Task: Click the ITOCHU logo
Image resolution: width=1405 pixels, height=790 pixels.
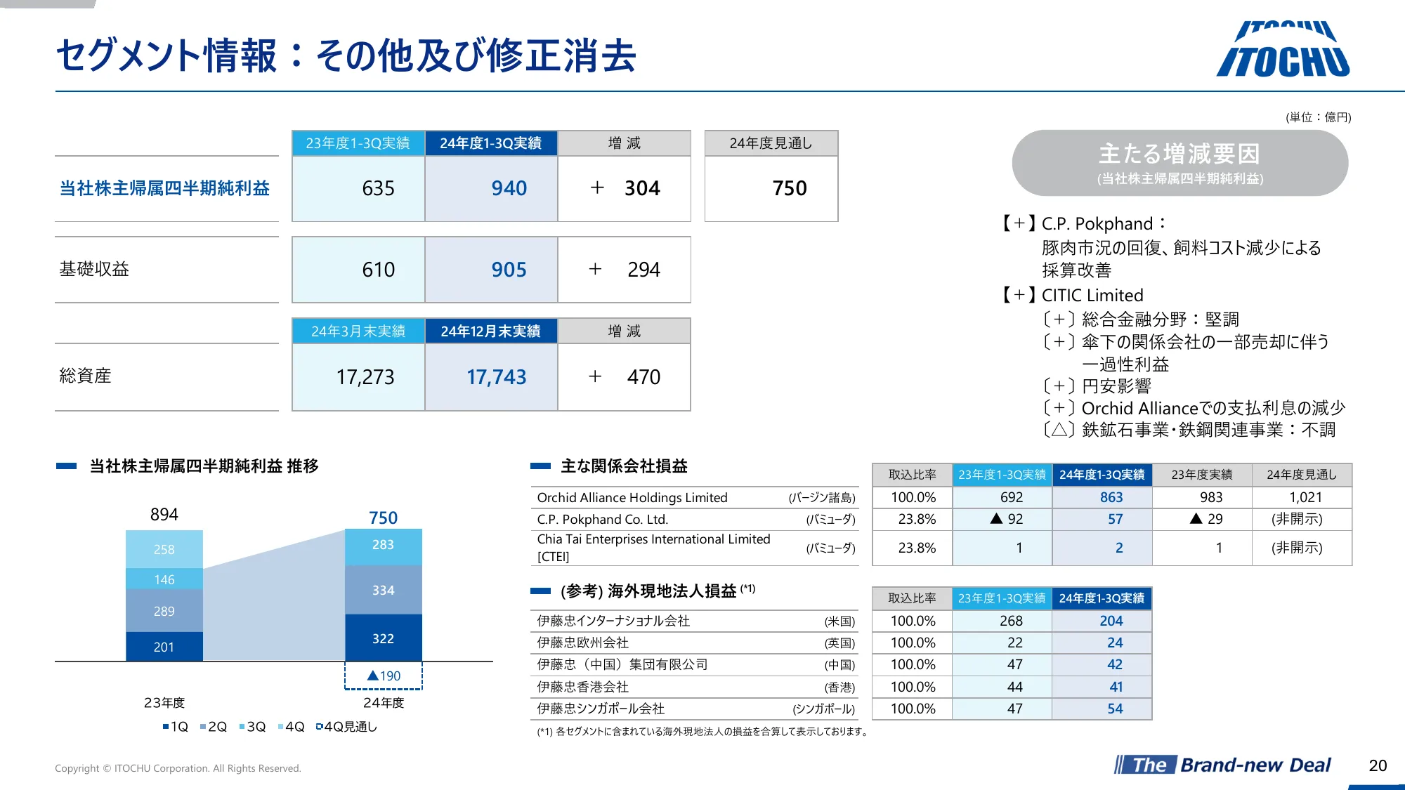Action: coord(1283,51)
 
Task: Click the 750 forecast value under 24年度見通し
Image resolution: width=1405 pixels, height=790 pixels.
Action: coord(789,188)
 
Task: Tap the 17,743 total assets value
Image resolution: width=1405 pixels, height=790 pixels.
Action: coord(496,377)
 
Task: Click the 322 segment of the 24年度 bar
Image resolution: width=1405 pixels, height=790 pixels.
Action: coord(383,638)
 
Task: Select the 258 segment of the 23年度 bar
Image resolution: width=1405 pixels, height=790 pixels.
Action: coord(164,549)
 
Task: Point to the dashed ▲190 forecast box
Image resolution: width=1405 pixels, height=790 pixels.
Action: coord(384,676)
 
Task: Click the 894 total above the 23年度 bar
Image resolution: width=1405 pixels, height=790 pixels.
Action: coord(164,515)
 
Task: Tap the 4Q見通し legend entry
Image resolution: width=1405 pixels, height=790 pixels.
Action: coord(347,727)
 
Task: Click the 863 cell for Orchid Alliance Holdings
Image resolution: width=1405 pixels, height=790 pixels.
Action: coord(1111,497)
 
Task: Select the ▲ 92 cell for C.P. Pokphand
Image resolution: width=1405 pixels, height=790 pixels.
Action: coord(1007,519)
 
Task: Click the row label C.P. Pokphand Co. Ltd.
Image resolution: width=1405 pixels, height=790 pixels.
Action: coord(602,519)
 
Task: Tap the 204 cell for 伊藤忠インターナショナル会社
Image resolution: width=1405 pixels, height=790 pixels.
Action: coord(1111,621)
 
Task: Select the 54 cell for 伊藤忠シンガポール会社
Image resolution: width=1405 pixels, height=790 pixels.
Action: coord(1115,709)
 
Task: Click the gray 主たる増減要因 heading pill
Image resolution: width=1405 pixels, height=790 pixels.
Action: coord(1179,163)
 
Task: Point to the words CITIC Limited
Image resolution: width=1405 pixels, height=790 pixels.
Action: coord(1092,295)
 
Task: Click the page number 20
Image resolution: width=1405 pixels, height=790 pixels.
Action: coord(1378,765)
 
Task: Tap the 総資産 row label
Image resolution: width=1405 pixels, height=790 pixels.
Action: coord(85,376)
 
